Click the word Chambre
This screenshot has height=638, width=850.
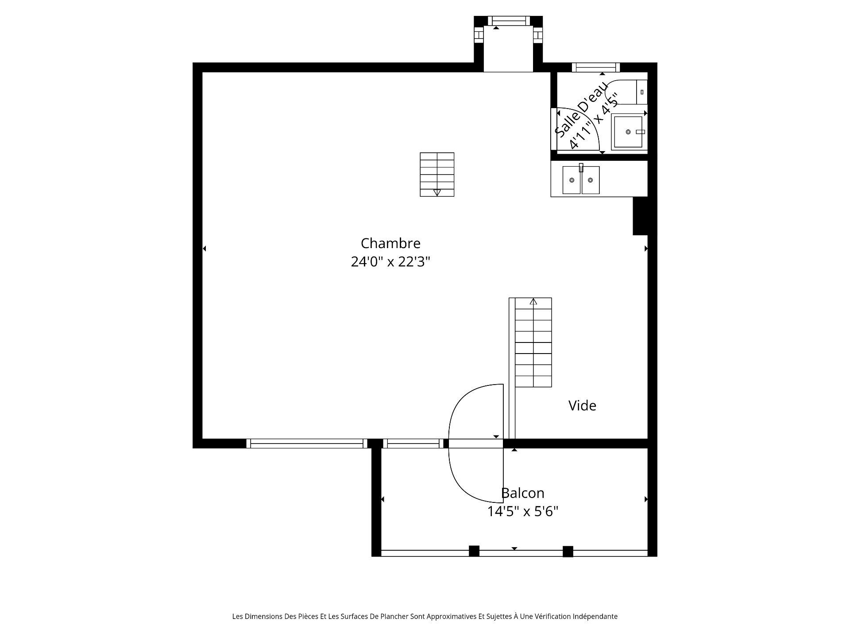pos(390,243)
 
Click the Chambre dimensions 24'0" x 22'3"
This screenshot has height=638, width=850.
pos(390,262)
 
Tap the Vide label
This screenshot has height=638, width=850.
pos(582,405)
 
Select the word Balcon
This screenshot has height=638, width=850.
pos(522,493)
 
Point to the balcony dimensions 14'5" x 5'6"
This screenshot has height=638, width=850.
pos(522,512)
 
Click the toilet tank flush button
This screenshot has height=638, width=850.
pos(642,92)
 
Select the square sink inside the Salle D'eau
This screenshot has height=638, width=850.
pos(627,132)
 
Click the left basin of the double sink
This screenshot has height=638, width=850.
pos(572,180)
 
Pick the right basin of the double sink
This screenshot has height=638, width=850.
pos(591,180)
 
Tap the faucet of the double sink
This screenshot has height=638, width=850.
pos(581,167)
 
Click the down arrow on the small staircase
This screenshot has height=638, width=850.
pos(437,192)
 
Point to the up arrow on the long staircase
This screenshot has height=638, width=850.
pos(533,302)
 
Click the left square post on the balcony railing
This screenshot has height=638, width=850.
pos(474,551)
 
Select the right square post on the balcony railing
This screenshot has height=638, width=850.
pos(568,552)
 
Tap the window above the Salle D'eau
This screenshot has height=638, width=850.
pos(595,67)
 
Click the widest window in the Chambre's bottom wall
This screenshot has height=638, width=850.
pos(306,443)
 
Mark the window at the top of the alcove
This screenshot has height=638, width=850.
pos(508,21)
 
